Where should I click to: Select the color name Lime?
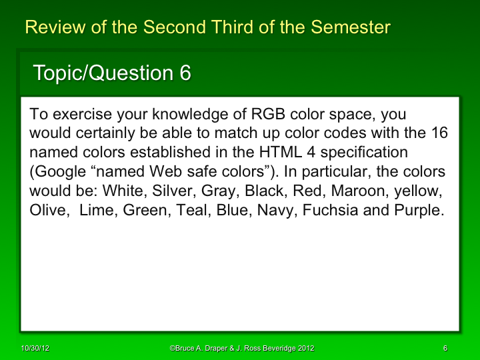97,209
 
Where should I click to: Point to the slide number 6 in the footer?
445,349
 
